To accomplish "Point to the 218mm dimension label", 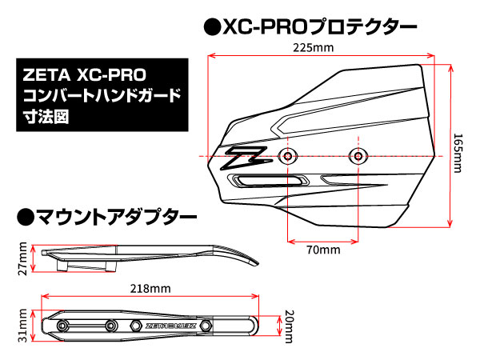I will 150,288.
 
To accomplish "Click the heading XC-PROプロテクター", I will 320,26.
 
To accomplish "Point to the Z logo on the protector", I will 245,157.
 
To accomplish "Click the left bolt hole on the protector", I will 288,154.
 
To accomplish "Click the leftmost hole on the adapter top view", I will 63,325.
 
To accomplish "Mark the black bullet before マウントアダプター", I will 25,216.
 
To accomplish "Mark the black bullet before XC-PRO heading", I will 213,27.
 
